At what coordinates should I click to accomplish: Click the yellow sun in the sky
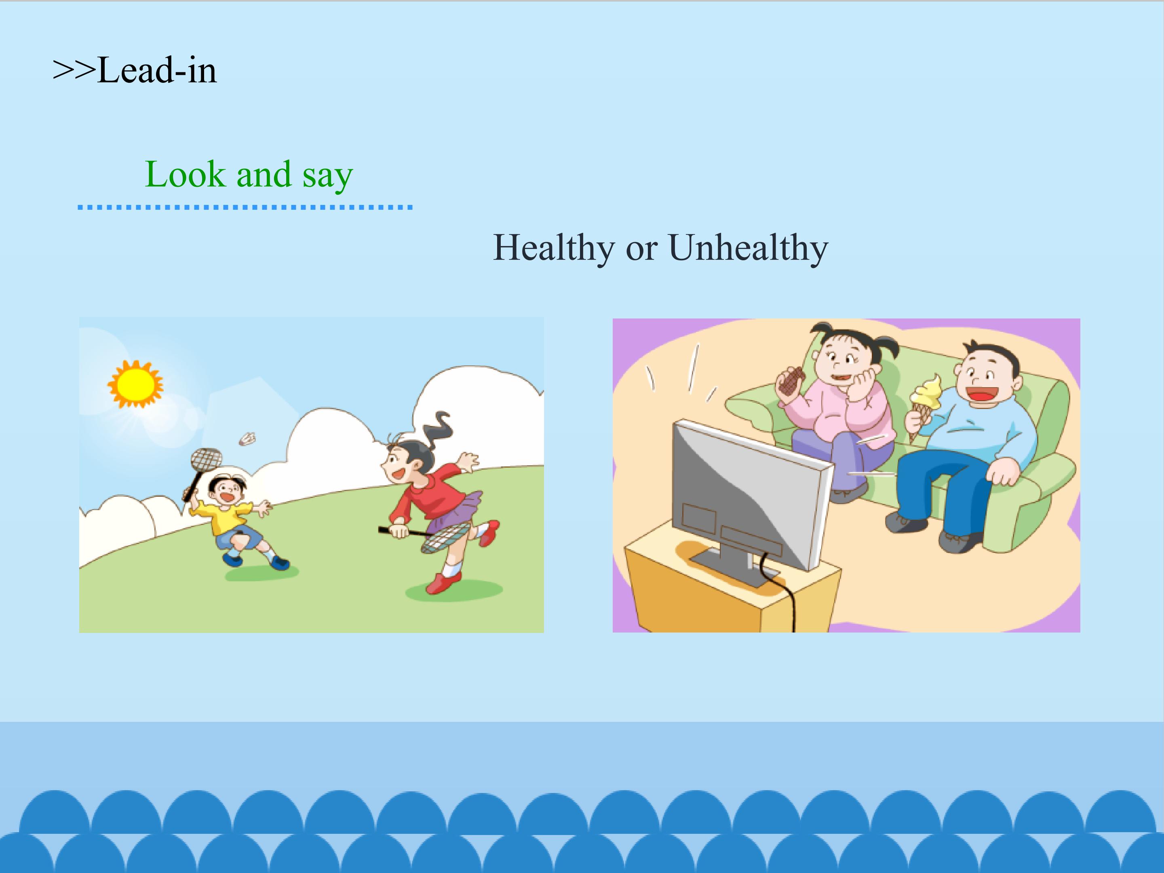(136, 384)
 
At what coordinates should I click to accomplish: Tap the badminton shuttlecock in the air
(247, 439)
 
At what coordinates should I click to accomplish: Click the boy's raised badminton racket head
(206, 459)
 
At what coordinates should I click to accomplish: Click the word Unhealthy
(748, 247)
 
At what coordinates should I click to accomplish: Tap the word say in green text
(327, 176)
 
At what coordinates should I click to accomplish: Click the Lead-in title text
(135, 70)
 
